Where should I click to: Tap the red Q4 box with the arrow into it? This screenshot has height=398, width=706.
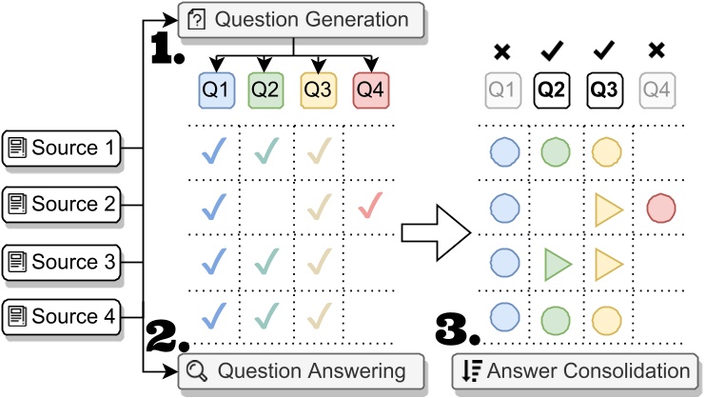(370, 92)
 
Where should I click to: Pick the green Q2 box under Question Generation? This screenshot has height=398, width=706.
(266, 92)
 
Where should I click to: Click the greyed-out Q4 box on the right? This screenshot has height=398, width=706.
(657, 92)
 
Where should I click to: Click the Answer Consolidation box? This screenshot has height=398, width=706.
(576, 370)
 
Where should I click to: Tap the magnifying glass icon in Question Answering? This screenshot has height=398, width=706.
(198, 370)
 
